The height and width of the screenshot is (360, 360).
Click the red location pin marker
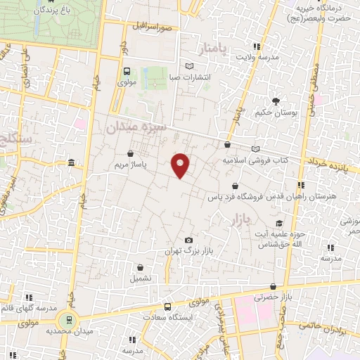tap(181, 165)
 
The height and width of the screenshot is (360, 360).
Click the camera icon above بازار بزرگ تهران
tap(188, 240)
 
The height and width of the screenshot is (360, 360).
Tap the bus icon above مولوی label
tap(127, 71)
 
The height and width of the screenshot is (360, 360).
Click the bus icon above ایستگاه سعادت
tap(167, 307)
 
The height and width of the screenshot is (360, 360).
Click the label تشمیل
tap(141, 278)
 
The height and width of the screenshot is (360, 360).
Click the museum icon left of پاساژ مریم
tap(71, 164)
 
